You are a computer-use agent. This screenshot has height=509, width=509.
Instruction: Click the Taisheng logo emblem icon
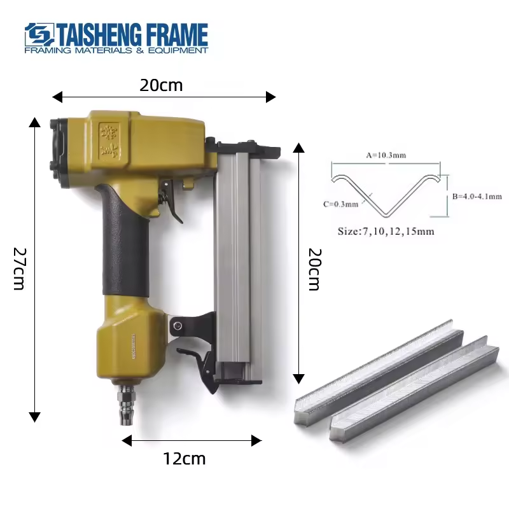pos(39,34)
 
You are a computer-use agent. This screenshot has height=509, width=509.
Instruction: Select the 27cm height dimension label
pos(19,268)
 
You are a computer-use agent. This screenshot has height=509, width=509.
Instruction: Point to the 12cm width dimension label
pos(184,459)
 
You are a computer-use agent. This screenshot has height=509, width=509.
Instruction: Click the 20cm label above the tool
pos(161,85)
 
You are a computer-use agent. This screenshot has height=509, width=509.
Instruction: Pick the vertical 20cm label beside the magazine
pos(314,269)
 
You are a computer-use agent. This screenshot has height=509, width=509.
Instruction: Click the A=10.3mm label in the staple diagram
pos(386,155)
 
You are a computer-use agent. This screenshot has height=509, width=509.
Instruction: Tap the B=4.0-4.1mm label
pos(477,197)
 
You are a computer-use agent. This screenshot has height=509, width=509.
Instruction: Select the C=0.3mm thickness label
pos(340,204)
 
